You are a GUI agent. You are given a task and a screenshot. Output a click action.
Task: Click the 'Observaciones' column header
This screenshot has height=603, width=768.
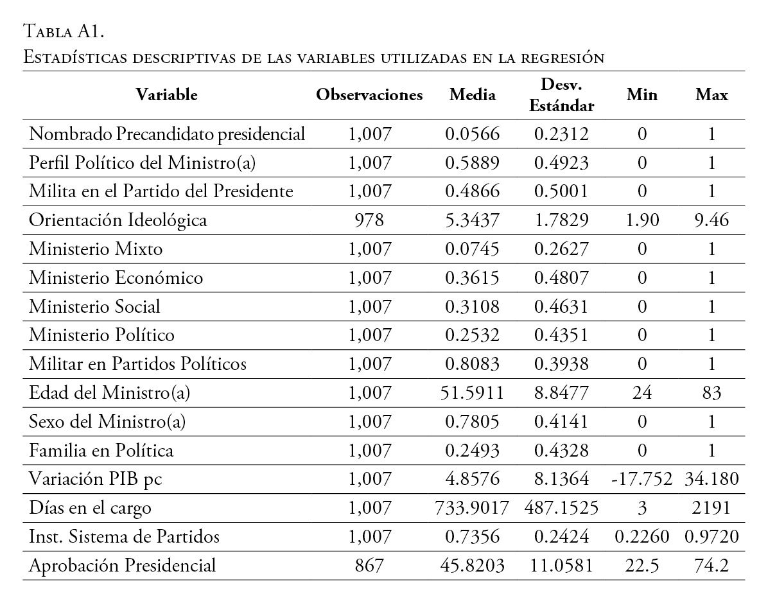point(369,95)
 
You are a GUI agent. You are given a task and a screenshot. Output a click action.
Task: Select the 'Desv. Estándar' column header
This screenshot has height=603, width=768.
point(561,95)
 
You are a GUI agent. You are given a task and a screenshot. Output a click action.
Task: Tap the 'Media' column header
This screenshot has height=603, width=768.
point(473,95)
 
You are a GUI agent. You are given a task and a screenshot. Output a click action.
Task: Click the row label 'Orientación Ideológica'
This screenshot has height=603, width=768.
point(118,220)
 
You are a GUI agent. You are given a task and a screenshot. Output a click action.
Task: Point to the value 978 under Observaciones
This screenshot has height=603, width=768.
point(369,220)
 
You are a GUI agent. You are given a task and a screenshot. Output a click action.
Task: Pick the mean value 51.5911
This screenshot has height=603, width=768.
point(473,393)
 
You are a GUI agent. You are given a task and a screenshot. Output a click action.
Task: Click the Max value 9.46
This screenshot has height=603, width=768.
point(711,220)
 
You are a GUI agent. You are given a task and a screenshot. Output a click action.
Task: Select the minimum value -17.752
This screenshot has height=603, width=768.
point(642,479)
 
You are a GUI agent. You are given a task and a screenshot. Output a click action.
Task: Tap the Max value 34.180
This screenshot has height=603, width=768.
point(711,479)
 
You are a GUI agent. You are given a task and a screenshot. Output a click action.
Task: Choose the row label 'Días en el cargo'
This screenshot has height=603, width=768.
point(91,508)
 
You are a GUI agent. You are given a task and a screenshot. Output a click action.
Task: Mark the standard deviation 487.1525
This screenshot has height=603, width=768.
point(561,508)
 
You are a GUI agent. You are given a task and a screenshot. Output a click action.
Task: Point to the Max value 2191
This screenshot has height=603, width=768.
point(711,508)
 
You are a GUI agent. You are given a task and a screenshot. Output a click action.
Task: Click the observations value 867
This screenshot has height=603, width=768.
point(369,566)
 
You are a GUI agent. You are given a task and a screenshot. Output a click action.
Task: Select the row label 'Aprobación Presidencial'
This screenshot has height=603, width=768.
point(123,566)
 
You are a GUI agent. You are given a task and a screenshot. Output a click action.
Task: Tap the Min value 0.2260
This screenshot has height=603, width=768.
point(642,537)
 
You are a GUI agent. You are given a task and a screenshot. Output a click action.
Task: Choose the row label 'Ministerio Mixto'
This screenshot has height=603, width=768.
point(96,249)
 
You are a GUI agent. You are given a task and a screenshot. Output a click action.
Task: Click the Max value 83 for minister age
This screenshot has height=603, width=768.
point(711,393)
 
